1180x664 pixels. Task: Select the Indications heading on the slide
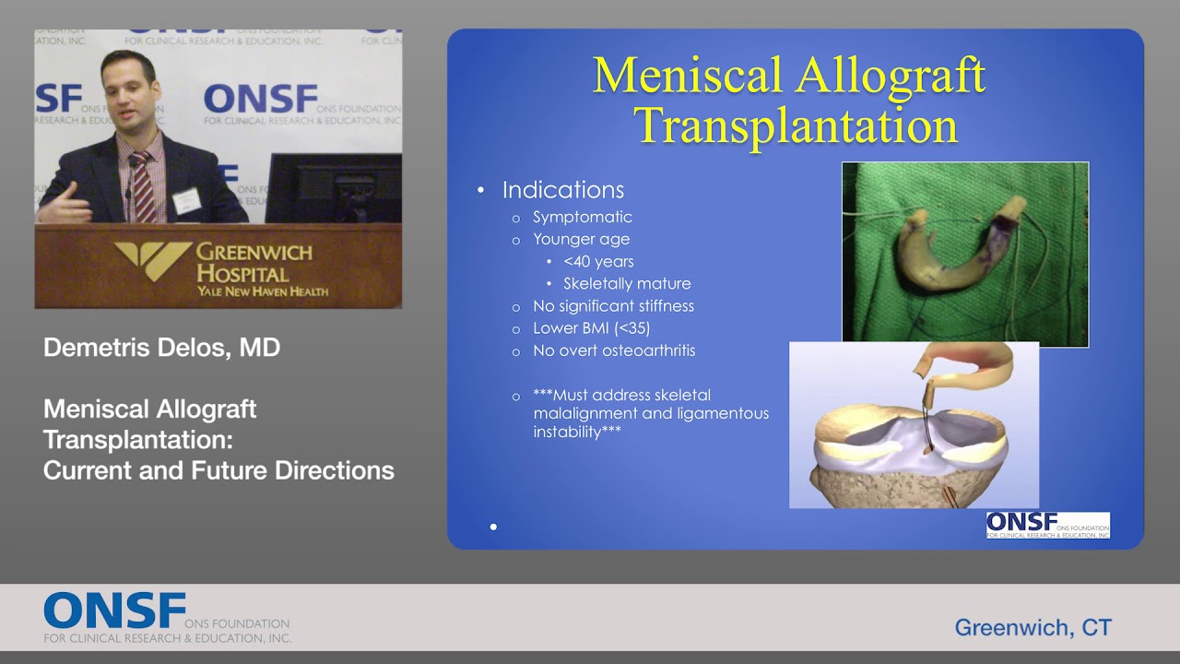pyautogui.click(x=562, y=190)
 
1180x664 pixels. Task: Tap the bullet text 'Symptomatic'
pyautogui.click(x=582, y=217)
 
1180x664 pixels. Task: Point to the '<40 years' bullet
pyautogui.click(x=598, y=261)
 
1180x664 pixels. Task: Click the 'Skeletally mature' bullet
pyautogui.click(x=627, y=283)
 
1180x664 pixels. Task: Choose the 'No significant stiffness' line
pyautogui.click(x=613, y=305)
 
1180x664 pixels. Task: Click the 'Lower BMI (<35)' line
pyautogui.click(x=591, y=327)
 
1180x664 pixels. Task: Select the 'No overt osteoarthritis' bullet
pyautogui.click(x=614, y=350)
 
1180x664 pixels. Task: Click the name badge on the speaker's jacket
pyautogui.click(x=186, y=200)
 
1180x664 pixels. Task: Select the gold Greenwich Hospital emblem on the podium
pyautogui.click(x=153, y=260)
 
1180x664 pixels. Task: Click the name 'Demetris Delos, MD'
pyautogui.click(x=161, y=348)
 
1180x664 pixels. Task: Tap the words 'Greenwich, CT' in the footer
pyautogui.click(x=1032, y=628)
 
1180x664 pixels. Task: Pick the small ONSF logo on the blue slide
pyautogui.click(x=1047, y=525)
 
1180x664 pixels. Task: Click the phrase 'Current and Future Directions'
pyautogui.click(x=218, y=470)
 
